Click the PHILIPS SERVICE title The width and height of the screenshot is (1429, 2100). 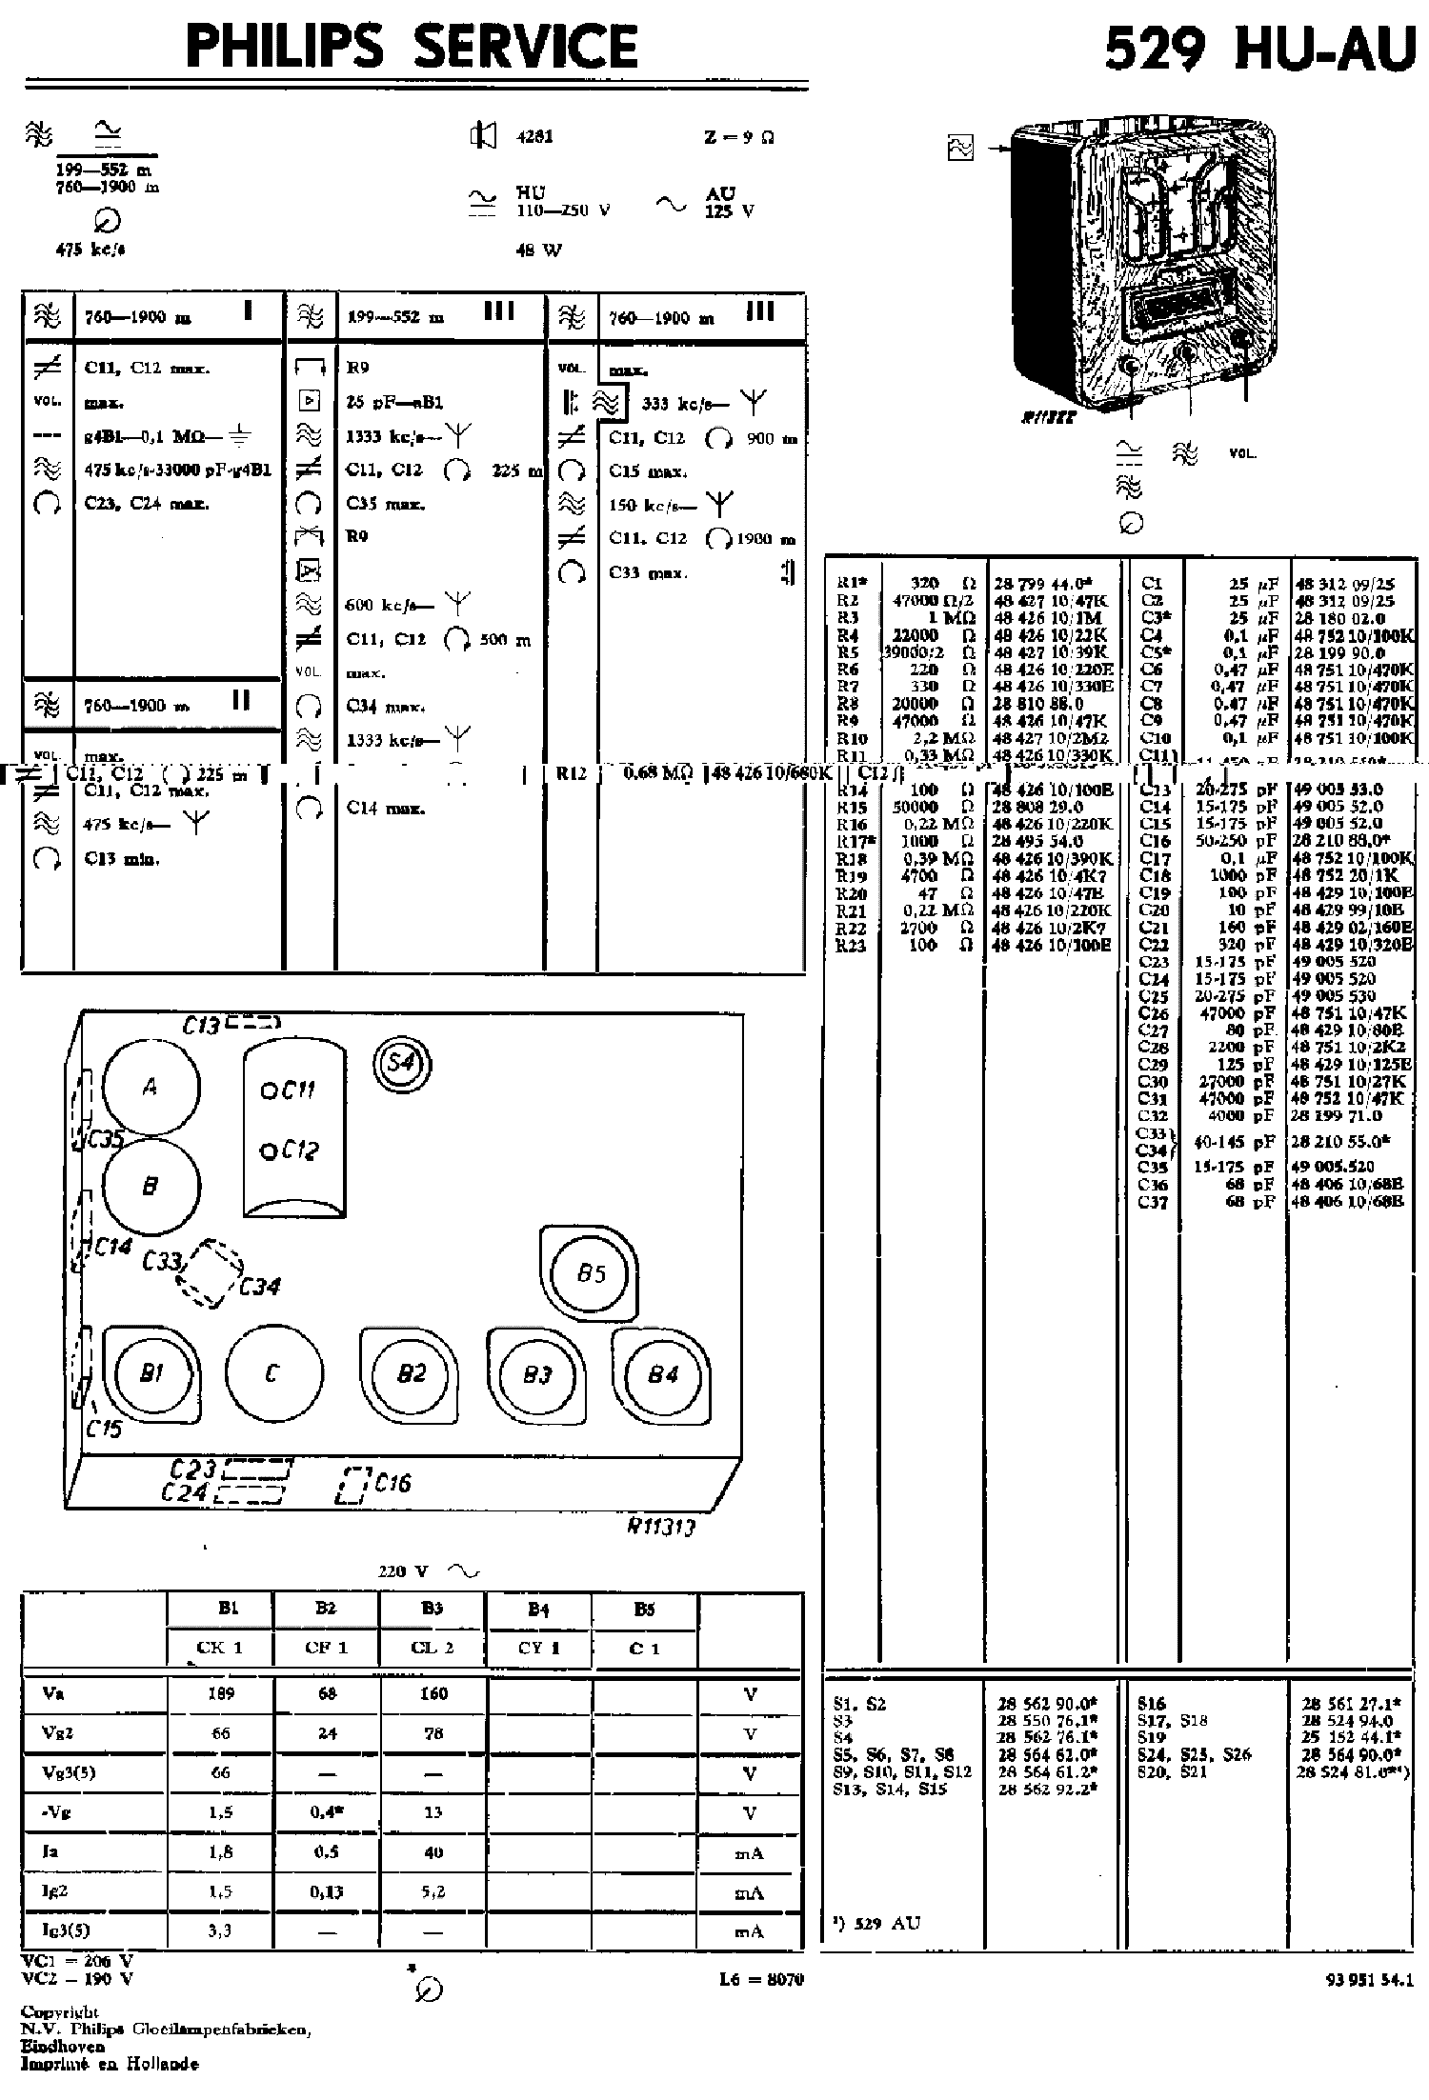tap(412, 45)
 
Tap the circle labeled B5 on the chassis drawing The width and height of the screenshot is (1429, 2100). tap(591, 1273)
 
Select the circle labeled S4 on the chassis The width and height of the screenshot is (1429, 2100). tap(401, 1061)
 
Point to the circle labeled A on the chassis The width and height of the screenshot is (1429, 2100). tap(151, 1088)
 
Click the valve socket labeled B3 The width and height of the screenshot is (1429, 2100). tap(536, 1375)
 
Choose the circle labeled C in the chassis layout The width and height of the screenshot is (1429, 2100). tap(272, 1372)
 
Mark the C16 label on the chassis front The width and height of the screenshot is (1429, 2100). tap(392, 1483)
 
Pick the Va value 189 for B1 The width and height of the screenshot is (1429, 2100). tap(220, 1693)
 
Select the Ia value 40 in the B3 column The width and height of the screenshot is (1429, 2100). tap(433, 1852)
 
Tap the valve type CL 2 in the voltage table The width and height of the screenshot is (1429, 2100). tap(433, 1649)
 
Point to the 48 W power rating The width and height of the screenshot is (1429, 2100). tap(538, 250)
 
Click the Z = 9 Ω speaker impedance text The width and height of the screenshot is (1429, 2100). tap(738, 137)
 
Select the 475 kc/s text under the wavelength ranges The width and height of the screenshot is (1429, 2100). tap(91, 250)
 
